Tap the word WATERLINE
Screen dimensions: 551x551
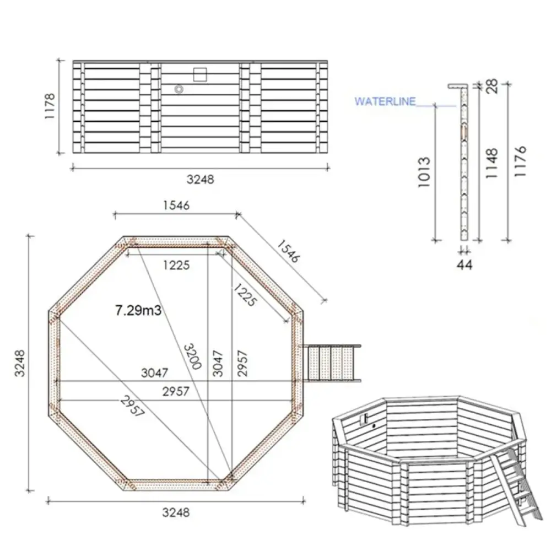[x=385, y=102]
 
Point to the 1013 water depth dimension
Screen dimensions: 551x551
[x=423, y=172]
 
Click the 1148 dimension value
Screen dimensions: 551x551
[x=491, y=163]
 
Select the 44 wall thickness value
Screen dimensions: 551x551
[x=465, y=265]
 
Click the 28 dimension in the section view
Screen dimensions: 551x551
[x=492, y=85]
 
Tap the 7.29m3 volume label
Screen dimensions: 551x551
[x=138, y=311]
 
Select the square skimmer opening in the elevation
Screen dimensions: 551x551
[x=199, y=74]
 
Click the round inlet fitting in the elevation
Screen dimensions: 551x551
[x=179, y=89]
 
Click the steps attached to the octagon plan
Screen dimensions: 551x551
[x=331, y=363]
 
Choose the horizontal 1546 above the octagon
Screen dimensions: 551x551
[x=176, y=206]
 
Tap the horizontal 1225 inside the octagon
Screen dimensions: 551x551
[x=176, y=265]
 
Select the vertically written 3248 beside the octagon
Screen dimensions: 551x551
[x=20, y=363]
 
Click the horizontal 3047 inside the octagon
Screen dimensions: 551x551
[x=154, y=373]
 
